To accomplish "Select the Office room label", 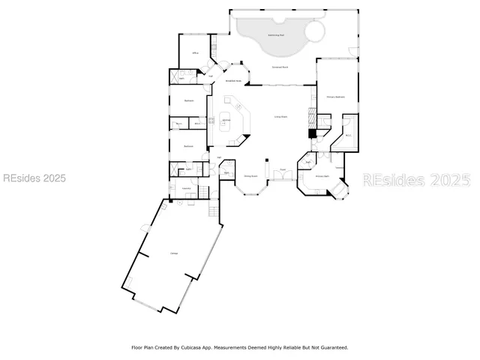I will tap(195, 53).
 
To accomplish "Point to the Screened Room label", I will tap(280, 67).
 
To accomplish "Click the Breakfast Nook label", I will tap(233, 81).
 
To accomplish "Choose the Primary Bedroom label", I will tap(334, 97).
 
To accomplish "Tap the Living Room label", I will tap(281, 117).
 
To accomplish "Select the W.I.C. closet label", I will tap(348, 136).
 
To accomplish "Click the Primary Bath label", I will tap(321, 177).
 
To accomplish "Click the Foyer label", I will tap(283, 169).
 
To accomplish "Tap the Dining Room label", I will tap(251, 177).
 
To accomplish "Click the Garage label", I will tap(173, 253).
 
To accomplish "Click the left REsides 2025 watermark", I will tap(34, 178).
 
